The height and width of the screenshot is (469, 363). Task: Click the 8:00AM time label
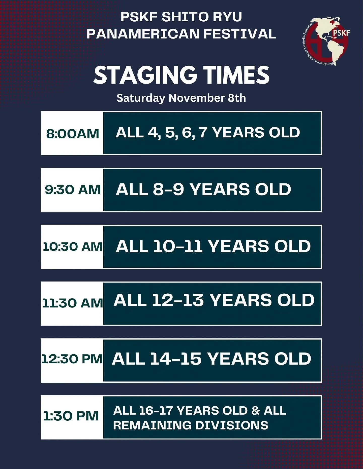72,134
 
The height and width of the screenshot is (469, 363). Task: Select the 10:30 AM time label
72,246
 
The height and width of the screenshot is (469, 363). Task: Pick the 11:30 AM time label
72,303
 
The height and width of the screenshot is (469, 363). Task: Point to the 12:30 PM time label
72,359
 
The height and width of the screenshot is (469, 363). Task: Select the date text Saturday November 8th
181,98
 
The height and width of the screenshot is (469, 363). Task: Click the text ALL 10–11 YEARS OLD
213,246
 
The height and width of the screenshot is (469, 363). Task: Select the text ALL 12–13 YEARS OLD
214,300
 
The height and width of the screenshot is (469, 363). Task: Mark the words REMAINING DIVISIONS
191,425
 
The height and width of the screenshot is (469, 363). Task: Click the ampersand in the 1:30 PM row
255,411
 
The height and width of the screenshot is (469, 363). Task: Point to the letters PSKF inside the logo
341,33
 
